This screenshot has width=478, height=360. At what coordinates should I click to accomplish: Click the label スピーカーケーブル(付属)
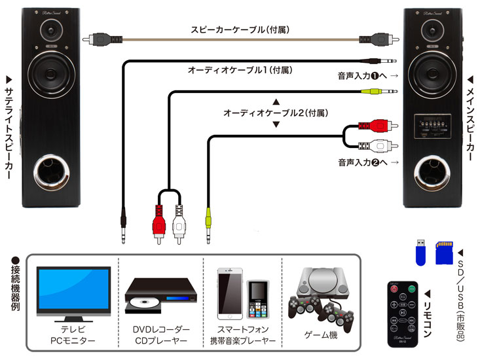coord(240,29)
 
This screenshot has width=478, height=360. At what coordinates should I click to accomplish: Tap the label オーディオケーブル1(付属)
coord(240,70)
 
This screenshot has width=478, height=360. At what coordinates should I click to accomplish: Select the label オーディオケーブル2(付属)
coord(276,113)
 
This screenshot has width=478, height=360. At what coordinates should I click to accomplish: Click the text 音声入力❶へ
coord(362,75)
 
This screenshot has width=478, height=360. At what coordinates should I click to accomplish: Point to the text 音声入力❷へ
coord(363,162)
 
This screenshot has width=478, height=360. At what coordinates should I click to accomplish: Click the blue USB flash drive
coord(420,252)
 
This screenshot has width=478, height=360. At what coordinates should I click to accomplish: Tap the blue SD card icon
coord(445,253)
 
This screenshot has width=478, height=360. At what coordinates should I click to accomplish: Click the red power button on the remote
coord(394,289)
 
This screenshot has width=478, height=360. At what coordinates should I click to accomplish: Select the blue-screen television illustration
coord(73,294)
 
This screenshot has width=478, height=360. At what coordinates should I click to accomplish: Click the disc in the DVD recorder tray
coord(144,302)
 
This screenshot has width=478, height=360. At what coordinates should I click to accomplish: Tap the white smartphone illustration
coord(230,293)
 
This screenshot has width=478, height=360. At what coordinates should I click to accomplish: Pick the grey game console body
coord(323,282)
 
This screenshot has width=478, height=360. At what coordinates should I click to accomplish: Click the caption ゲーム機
coord(321,335)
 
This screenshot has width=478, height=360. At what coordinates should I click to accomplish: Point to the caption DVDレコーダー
coord(161,329)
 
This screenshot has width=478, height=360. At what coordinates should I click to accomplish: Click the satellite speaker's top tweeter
coord(51,31)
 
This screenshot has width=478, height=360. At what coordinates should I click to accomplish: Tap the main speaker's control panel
coord(432,126)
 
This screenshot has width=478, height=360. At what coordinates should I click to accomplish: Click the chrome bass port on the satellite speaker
coord(51,172)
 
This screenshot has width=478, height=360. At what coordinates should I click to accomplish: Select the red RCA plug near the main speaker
coord(378,125)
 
